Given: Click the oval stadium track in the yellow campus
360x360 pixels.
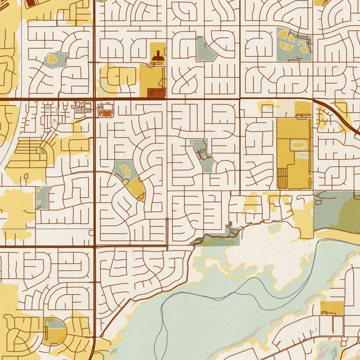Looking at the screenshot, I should (x=298, y=146).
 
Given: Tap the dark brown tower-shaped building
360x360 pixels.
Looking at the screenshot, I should (x=158, y=56).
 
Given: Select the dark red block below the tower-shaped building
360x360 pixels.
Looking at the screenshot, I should (x=156, y=93).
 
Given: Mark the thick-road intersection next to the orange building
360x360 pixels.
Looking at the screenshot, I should (x=95, y=98).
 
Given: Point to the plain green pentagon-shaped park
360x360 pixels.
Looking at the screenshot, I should (x=205, y=51).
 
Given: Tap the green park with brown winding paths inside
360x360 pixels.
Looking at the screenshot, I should (x=202, y=153).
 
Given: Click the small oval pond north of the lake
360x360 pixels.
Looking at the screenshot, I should (x=275, y=228).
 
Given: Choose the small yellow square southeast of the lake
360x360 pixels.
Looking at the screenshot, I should (x=332, y=308).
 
